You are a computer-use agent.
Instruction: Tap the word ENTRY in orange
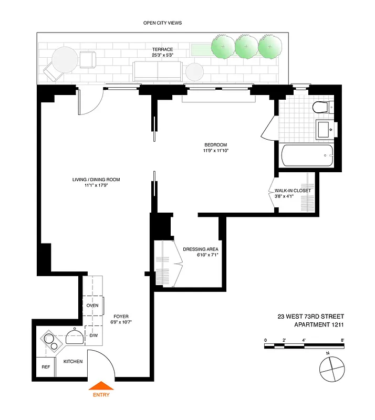click(102, 395)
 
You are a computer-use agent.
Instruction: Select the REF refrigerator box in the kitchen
click(45, 367)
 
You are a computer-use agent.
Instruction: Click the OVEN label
click(92, 305)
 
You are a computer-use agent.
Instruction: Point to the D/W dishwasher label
click(93, 335)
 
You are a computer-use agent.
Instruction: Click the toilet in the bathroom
click(321, 108)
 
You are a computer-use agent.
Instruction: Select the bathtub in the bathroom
click(307, 156)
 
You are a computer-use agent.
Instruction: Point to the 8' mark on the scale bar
click(342, 341)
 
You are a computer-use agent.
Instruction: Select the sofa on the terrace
click(158, 70)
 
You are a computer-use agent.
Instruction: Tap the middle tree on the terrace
click(247, 46)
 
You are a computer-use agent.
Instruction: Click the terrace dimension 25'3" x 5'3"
click(162, 55)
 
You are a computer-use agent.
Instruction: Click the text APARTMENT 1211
click(319, 324)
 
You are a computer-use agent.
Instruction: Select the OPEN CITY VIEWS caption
click(162, 23)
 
